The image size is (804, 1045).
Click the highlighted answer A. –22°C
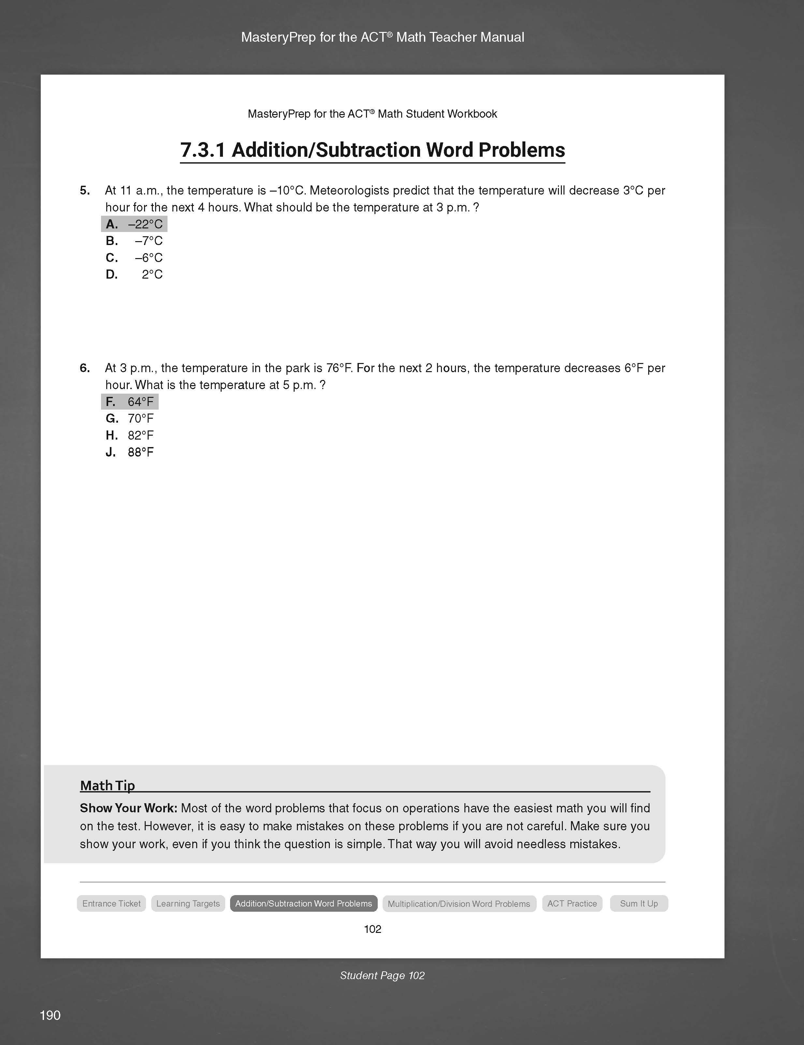(134, 224)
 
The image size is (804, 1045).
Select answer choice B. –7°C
(134, 241)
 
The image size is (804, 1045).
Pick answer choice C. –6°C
(134, 258)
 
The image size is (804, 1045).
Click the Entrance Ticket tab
(111, 903)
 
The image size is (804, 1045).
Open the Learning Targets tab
(188, 903)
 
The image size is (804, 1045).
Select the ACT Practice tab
(572, 903)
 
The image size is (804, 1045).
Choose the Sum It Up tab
(639, 903)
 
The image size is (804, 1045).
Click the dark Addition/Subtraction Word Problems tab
(303, 903)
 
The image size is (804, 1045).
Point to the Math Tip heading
(108, 786)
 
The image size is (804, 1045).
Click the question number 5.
(85, 190)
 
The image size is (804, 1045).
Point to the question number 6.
(85, 368)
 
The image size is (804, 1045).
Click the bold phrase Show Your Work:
(128, 808)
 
